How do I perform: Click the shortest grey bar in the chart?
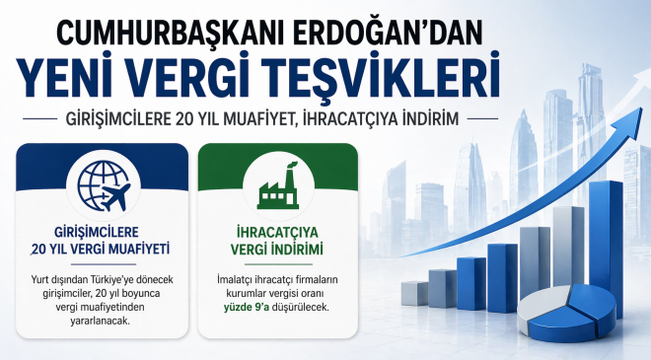[x=414, y=292]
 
